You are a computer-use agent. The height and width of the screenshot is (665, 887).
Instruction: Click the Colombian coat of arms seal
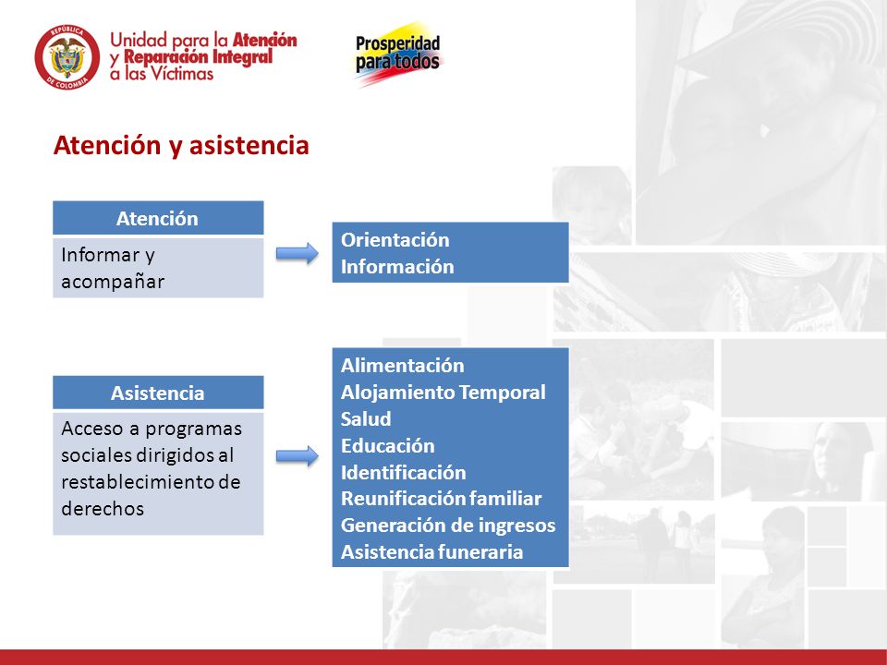(67, 57)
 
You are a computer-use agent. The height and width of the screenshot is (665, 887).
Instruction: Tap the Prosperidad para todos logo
(398, 54)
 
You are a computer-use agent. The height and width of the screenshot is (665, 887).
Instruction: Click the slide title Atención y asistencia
(181, 145)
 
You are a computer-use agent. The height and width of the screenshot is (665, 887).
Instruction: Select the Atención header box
(158, 218)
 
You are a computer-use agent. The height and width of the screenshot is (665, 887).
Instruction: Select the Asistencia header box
(158, 393)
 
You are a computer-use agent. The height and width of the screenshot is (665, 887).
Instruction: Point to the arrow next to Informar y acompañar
(297, 253)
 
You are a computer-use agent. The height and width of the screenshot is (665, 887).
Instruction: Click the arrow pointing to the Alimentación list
(297, 455)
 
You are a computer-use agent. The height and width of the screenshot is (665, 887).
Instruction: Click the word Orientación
(395, 240)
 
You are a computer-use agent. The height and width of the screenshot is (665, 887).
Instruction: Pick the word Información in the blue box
(397, 266)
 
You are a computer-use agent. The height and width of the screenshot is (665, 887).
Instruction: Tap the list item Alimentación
(402, 366)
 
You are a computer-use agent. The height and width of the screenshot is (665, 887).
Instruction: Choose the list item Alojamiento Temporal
(443, 393)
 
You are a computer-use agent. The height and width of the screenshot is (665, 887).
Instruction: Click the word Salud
(366, 419)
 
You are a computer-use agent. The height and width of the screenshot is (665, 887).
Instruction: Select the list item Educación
(387, 445)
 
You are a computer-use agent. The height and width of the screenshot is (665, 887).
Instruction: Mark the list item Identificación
(404, 472)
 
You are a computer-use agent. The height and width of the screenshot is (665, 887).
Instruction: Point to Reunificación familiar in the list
(442, 499)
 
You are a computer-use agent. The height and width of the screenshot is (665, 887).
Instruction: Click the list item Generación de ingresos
(448, 526)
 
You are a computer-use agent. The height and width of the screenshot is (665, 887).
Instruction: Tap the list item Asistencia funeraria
(431, 552)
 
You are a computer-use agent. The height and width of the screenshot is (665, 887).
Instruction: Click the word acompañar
(113, 283)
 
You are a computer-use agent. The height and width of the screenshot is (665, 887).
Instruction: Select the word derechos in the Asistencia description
(103, 509)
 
